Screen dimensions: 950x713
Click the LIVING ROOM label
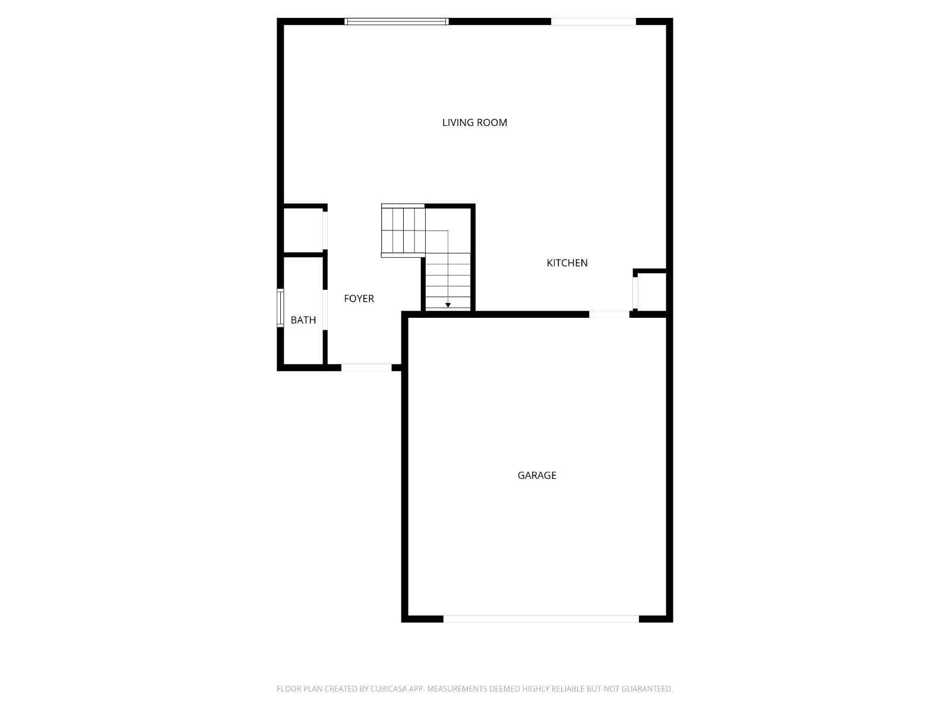tap(474, 122)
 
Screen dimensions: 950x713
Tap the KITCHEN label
tap(567, 263)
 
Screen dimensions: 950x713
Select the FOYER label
tap(359, 298)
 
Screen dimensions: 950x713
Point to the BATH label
tap(303, 320)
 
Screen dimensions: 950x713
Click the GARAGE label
tap(537, 475)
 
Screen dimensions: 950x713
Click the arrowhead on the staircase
tap(448, 305)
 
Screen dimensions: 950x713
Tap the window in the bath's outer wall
tap(280, 308)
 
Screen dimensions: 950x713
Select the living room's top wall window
tap(397, 21)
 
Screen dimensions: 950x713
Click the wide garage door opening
tap(541, 619)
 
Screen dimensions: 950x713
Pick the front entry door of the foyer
tap(366, 368)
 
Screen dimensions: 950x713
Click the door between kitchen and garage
tap(609, 314)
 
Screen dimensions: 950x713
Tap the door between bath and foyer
tap(325, 310)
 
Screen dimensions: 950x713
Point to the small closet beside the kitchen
tap(652, 292)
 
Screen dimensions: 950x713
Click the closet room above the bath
tap(303, 231)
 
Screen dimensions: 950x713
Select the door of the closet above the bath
tap(325, 231)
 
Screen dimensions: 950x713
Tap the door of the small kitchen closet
tap(635, 293)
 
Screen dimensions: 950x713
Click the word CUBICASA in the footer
tap(389, 689)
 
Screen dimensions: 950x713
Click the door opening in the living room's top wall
tap(593, 21)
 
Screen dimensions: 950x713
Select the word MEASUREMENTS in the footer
tap(457, 689)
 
